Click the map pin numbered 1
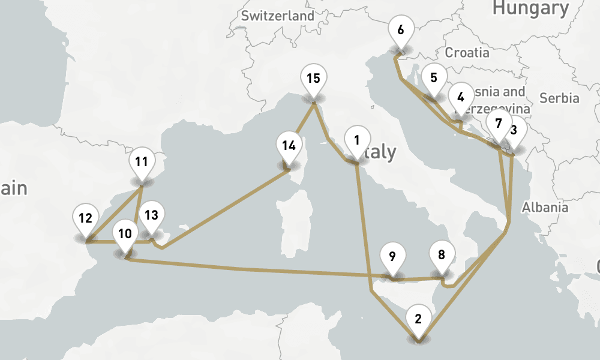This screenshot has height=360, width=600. (356, 142)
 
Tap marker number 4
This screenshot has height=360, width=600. (461, 98)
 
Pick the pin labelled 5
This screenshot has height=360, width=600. (434, 78)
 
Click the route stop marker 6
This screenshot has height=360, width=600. (401, 31)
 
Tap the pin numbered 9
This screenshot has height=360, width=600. (392, 258)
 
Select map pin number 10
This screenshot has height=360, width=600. (125, 235)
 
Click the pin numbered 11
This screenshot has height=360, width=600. (142, 163)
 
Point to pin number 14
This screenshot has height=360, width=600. (289, 146)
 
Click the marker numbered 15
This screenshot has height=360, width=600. (313, 79)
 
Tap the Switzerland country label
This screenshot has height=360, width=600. (278, 16)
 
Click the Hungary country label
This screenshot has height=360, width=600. (530, 8)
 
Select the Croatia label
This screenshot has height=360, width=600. (467, 52)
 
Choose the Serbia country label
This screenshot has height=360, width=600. (559, 98)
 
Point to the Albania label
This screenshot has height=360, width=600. (545, 208)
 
